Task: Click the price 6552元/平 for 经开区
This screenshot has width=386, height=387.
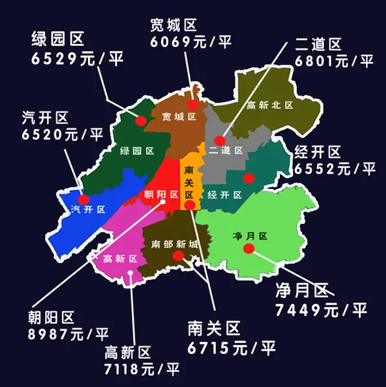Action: (334, 169)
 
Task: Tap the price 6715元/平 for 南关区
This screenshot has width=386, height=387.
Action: (231, 348)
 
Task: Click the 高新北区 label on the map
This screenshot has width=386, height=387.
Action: (270, 105)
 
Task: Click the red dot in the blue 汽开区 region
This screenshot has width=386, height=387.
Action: (83, 199)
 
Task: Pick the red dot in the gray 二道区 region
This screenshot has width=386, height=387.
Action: (220, 140)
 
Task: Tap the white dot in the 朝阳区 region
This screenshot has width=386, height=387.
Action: (163, 202)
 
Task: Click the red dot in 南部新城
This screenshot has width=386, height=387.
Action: (178, 256)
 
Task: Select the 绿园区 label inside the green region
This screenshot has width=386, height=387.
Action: (136, 151)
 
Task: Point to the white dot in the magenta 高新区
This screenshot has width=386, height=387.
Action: (130, 273)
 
